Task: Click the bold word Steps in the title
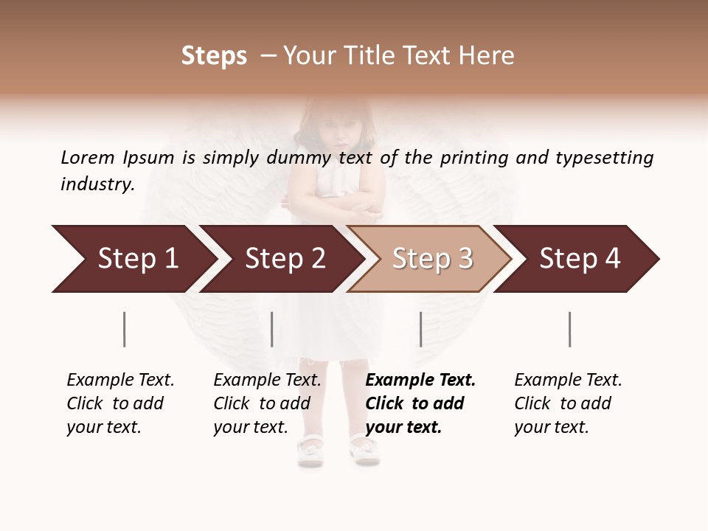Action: (x=214, y=56)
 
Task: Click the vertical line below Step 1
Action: (x=124, y=329)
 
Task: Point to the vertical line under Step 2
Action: (x=272, y=329)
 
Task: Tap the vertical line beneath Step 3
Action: (x=420, y=329)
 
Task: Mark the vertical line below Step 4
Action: (x=569, y=329)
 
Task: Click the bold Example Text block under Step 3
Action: (x=420, y=403)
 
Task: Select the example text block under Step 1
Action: (x=120, y=403)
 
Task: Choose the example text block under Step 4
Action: (x=568, y=403)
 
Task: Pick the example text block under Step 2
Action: (x=267, y=403)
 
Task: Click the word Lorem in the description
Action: (x=88, y=158)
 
